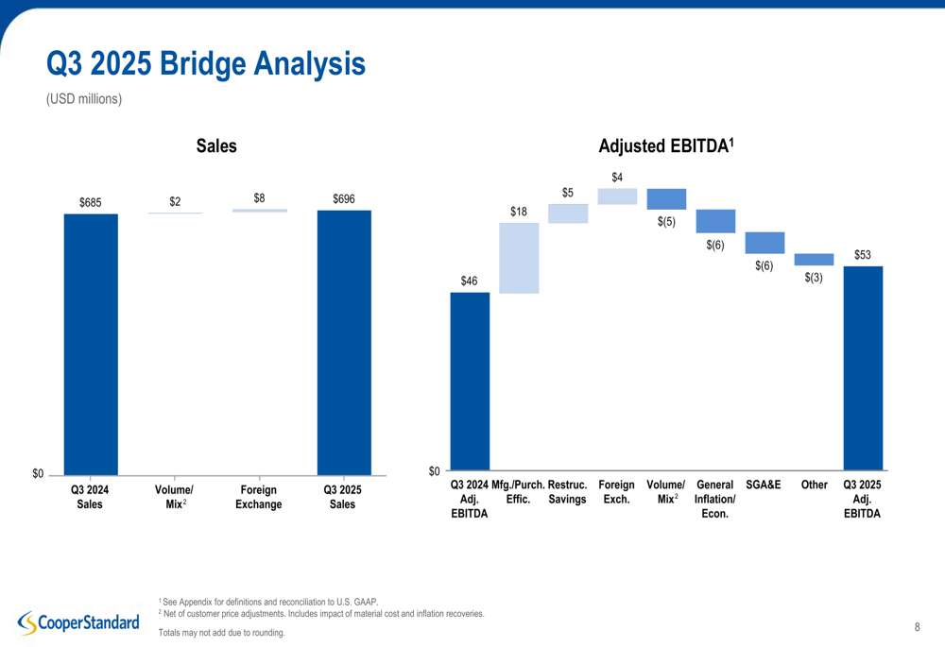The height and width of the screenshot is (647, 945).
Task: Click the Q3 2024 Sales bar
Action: click(91, 343)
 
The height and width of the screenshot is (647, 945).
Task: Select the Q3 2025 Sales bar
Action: click(344, 341)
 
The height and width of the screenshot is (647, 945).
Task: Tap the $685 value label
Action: click(91, 202)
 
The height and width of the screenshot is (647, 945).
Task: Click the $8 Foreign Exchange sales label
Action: click(259, 198)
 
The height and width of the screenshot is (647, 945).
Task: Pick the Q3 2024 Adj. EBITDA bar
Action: click(470, 381)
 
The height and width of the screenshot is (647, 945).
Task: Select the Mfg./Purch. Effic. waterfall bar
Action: click(519, 258)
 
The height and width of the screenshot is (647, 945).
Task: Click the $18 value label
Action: click(519, 212)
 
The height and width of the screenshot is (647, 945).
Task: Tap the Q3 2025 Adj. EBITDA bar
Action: click(863, 367)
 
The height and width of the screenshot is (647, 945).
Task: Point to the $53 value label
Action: click(863, 254)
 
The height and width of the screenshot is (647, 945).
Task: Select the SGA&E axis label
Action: click(764, 485)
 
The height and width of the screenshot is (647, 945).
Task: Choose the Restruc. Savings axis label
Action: click(568, 492)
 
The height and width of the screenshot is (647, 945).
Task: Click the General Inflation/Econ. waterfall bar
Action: click(715, 221)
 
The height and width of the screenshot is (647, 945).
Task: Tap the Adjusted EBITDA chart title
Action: click(666, 146)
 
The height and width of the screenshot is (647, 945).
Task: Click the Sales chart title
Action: click(216, 146)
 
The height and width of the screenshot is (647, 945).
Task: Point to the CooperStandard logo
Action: click(78, 621)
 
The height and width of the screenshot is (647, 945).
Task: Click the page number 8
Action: click(918, 626)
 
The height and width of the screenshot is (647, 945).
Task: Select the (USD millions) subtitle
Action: click(84, 97)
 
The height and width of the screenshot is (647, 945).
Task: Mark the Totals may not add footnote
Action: click(221, 632)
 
